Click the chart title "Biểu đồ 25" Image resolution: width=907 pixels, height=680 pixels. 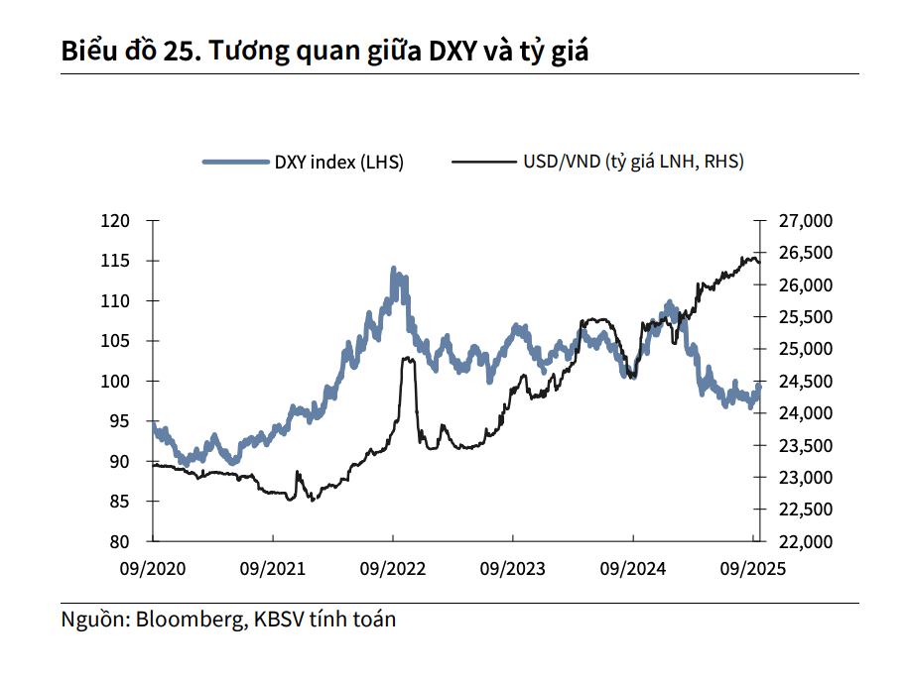click(x=128, y=51)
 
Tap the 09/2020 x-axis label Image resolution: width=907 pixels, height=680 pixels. click(x=152, y=569)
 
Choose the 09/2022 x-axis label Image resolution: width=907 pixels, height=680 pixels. click(x=393, y=569)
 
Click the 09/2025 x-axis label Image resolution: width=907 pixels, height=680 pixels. click(x=752, y=569)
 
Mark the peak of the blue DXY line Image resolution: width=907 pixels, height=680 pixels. click(x=394, y=269)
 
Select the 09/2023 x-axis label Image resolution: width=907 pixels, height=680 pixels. click(x=513, y=569)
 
